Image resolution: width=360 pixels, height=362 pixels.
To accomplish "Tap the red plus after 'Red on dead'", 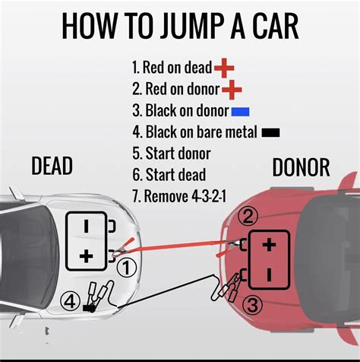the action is (x=224, y=68).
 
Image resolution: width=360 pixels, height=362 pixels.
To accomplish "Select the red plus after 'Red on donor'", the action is (x=232, y=90).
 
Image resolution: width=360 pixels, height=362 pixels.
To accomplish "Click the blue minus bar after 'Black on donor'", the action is (x=240, y=112).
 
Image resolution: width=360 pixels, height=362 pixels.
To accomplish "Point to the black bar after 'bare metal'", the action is (x=270, y=132).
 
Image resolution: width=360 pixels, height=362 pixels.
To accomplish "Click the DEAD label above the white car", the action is (x=52, y=166).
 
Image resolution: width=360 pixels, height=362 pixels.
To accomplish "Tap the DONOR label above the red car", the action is (x=301, y=167).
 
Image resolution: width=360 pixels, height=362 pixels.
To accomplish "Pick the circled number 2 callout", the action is (x=248, y=217).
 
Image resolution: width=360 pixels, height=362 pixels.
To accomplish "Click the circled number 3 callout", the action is (x=252, y=305).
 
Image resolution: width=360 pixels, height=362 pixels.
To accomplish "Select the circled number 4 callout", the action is (x=70, y=302).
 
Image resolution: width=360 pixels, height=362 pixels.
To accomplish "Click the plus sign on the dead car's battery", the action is (x=86, y=256).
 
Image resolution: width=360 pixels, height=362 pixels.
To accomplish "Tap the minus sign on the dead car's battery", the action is (x=87, y=227).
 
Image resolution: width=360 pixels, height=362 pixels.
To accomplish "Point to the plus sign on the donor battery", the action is (x=269, y=245).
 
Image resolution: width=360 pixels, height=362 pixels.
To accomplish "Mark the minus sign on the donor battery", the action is (x=270, y=275).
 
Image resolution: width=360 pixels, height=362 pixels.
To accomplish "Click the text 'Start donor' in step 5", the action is (x=178, y=154).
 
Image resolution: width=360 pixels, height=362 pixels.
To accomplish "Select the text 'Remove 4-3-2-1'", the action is (x=185, y=196).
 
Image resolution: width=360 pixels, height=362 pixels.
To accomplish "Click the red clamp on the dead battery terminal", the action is (x=123, y=248).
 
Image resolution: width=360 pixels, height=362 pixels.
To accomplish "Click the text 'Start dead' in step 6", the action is (x=175, y=175).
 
